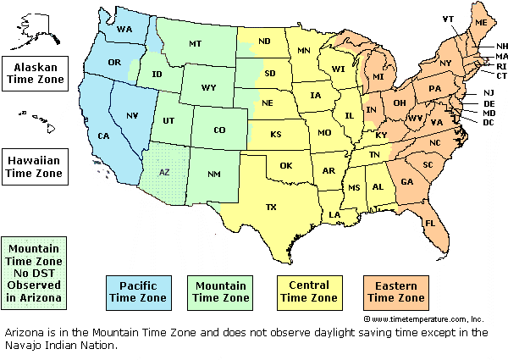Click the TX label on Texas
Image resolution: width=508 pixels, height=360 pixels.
tap(271, 207)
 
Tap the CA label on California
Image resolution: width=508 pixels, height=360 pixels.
tap(104, 136)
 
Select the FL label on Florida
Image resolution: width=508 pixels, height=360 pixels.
tap(430, 224)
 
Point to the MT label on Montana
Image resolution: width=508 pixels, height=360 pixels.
tap(196, 43)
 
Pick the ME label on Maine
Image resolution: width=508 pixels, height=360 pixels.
tap(481, 22)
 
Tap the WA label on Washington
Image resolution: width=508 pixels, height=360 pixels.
tap(124, 30)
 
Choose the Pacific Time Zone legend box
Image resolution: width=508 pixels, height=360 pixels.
tap(138, 291)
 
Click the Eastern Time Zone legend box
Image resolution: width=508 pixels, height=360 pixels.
tap(394, 291)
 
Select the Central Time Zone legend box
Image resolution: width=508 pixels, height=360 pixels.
tap(309, 291)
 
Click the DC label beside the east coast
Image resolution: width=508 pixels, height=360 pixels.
tap(489, 123)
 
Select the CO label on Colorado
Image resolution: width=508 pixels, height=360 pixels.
tap(219, 130)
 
